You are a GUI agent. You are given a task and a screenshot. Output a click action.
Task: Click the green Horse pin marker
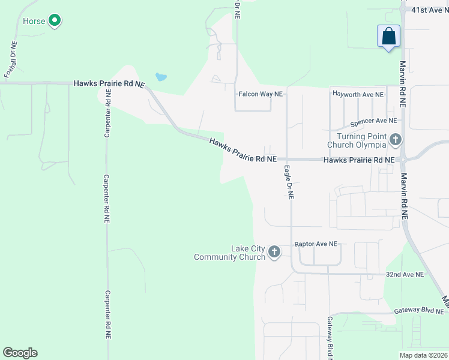55,21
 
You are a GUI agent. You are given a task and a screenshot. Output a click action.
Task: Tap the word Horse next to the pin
34,22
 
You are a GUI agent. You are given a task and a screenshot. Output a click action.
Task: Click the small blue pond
161,77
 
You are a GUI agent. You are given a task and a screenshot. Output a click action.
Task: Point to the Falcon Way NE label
261,94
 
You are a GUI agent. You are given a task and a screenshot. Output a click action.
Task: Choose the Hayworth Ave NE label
358,94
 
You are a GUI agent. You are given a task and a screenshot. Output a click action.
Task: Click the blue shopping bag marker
388,35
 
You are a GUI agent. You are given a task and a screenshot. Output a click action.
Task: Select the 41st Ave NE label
429,10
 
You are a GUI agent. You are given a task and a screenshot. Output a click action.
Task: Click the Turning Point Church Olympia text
357,141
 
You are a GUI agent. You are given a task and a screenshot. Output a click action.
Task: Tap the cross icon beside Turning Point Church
395,140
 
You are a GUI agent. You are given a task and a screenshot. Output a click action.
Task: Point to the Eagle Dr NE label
289,182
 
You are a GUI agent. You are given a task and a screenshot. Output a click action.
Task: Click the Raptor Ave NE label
316,244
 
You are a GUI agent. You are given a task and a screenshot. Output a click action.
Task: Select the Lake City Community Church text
230,253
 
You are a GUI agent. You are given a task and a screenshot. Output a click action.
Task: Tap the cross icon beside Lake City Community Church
274,251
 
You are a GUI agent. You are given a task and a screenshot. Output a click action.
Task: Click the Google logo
20,353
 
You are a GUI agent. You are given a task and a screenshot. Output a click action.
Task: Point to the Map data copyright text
423,355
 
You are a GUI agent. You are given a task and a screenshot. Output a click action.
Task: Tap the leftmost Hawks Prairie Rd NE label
109,84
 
